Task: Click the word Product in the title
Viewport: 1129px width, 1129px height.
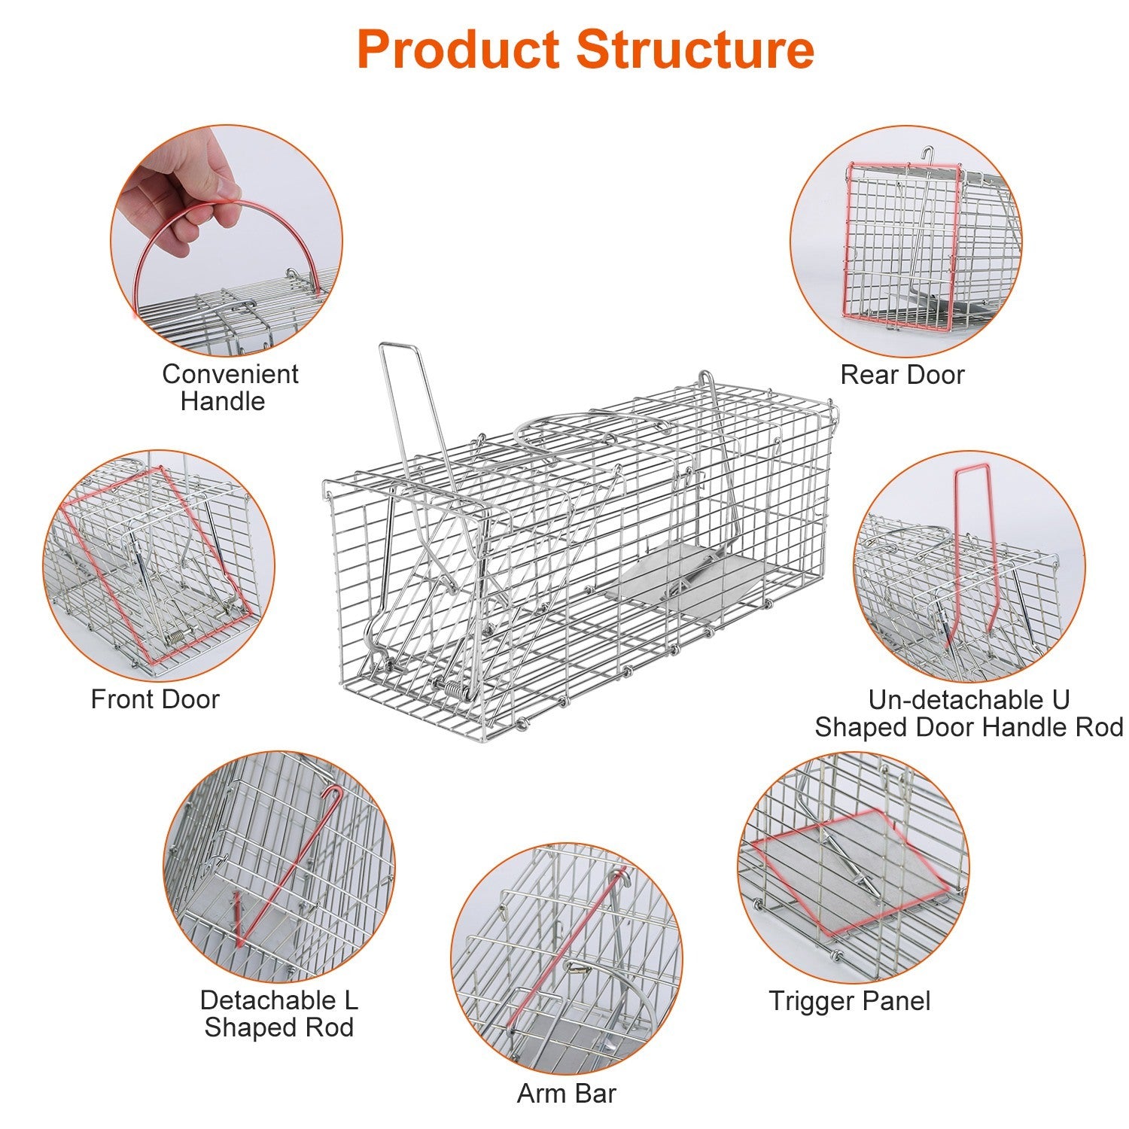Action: point(460,50)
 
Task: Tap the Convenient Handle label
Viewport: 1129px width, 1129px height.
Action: point(230,387)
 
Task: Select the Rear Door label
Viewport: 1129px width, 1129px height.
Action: point(902,374)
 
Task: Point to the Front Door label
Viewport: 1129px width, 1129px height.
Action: point(154,699)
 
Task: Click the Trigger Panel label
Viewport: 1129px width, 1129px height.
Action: point(849,1001)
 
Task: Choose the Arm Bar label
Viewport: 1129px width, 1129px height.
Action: point(566,1094)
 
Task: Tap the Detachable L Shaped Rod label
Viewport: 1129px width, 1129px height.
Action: point(278,1013)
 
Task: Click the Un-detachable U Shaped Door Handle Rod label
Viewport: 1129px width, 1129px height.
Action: point(968,714)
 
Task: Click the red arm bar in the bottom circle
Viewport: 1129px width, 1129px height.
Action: point(564,948)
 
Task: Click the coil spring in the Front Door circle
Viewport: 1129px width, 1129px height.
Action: point(175,637)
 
